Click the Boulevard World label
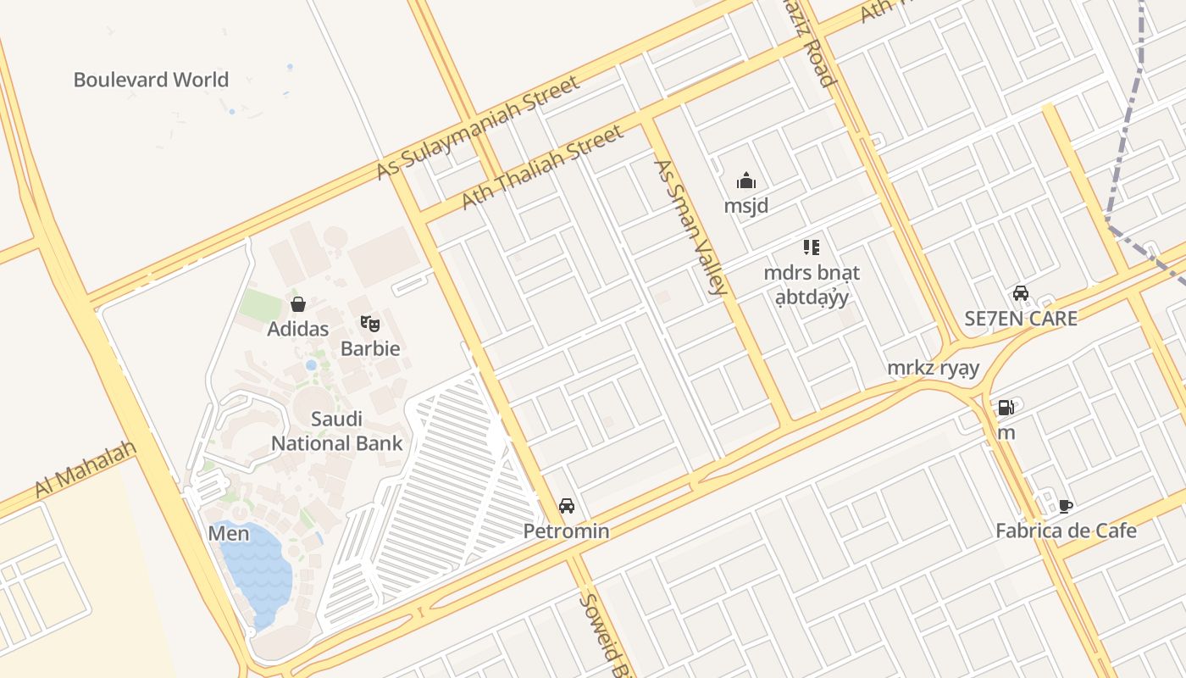click(151, 80)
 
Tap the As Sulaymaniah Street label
click(479, 128)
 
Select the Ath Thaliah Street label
click(542, 167)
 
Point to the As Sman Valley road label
click(690, 227)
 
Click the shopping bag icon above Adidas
click(298, 304)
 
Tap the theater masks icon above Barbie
click(370, 324)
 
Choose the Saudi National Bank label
click(336, 431)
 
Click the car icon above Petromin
click(567, 506)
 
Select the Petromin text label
click(566, 531)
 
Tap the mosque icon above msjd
click(746, 181)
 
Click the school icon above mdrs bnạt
click(812, 247)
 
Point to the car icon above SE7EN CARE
click(1021, 294)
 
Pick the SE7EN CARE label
click(1021, 319)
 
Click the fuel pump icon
click(1006, 408)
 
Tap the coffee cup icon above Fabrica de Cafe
click(1066, 506)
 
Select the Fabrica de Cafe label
click(1066, 531)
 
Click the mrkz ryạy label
click(933, 368)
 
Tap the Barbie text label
click(370, 348)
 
